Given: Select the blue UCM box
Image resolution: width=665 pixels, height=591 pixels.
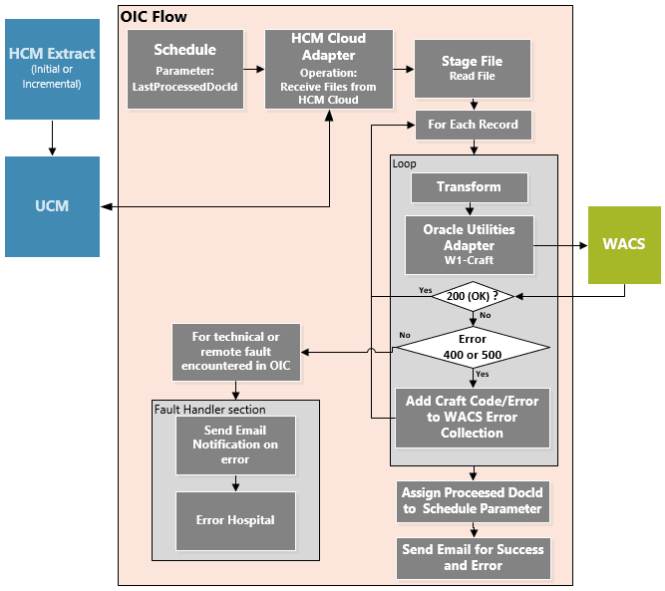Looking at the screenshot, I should [x=52, y=205].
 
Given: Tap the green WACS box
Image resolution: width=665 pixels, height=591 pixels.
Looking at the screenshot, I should [x=623, y=244].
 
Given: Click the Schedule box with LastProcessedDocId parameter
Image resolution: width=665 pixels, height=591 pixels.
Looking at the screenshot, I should [x=184, y=68].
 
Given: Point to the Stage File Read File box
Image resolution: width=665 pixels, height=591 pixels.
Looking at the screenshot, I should [x=472, y=69].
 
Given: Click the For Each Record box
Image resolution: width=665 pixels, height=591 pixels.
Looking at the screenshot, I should [x=473, y=126].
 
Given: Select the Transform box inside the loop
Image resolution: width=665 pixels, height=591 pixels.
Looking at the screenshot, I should [x=469, y=186].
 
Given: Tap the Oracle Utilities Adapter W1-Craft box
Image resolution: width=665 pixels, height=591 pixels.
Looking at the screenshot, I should [x=469, y=244].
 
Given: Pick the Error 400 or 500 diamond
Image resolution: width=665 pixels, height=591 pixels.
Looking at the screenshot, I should [x=473, y=346].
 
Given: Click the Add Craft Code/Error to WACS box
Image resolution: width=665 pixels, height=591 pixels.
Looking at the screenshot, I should [x=473, y=417].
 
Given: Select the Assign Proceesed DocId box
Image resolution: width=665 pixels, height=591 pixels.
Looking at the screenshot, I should [x=473, y=500].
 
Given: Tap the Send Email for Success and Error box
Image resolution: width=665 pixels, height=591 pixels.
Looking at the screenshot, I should [x=473, y=557].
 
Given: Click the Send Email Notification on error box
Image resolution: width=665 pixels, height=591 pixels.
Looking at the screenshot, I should [x=235, y=444].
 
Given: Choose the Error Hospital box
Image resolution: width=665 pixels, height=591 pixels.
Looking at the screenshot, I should [x=235, y=519].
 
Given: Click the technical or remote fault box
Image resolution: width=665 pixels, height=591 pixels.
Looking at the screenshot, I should [x=235, y=352].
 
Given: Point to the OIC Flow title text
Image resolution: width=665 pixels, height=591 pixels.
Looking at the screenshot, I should [x=154, y=17].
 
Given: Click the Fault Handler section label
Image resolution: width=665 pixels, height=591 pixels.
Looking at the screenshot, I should [x=209, y=409].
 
